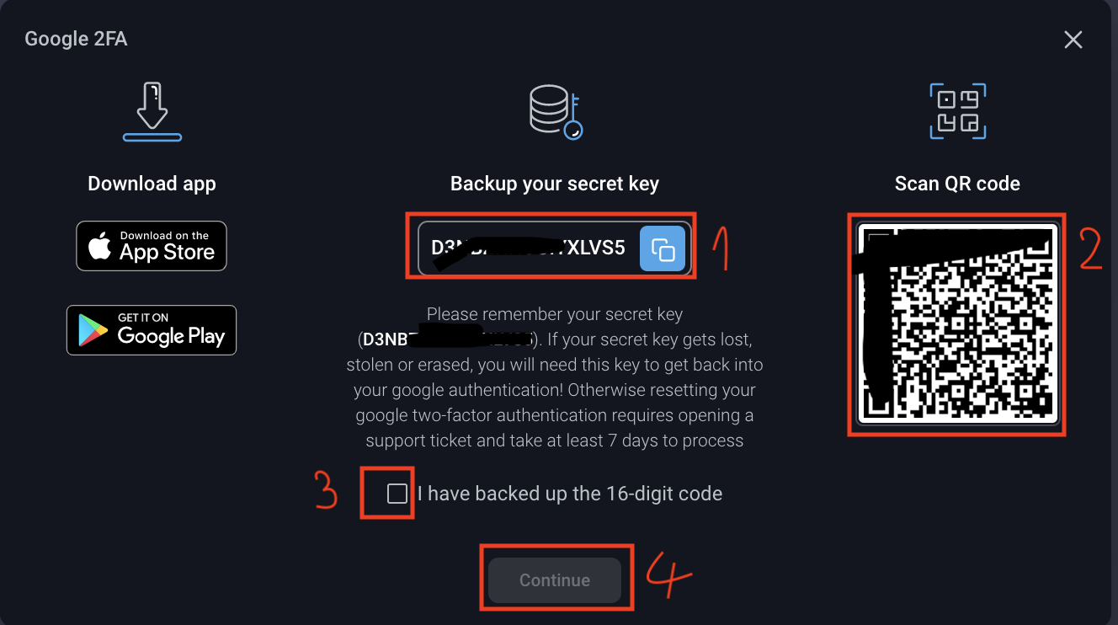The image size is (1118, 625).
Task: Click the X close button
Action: point(1073,40)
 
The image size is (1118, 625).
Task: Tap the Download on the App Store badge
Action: point(152,246)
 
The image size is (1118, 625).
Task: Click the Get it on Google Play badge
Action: point(152,330)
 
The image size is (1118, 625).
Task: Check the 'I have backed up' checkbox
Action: point(397,494)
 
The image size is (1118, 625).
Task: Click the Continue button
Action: point(555,580)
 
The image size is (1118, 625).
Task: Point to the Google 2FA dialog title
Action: point(76,39)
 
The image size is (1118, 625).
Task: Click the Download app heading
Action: point(152,184)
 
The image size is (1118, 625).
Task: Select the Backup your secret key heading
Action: point(555,184)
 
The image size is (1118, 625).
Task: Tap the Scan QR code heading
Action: point(957,184)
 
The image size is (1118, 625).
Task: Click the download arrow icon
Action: point(152,111)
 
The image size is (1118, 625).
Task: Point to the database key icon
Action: point(556,112)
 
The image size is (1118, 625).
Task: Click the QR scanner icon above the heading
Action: point(957,111)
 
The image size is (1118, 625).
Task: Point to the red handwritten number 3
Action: point(327,491)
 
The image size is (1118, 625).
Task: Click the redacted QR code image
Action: point(956,324)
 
